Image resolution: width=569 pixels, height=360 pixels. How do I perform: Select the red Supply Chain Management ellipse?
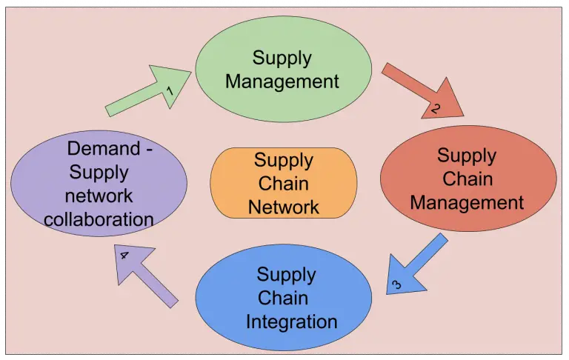coord(467,179)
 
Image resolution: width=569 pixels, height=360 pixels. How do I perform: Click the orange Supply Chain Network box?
coord(284,183)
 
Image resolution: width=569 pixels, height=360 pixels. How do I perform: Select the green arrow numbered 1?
coord(148,92)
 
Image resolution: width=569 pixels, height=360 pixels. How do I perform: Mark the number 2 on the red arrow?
coord(436,109)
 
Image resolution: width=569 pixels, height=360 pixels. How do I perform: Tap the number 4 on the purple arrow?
coord(124,256)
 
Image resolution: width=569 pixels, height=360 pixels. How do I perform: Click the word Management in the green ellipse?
coord(282,81)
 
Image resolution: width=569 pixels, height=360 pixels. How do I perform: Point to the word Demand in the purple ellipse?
coord(104,148)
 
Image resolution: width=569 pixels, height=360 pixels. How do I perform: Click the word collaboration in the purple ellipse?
coord(99,219)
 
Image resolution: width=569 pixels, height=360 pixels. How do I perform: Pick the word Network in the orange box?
coord(284,207)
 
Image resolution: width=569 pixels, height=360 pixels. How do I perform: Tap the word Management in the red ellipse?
coord(467,202)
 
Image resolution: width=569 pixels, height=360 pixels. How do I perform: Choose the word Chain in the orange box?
coord(284,183)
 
